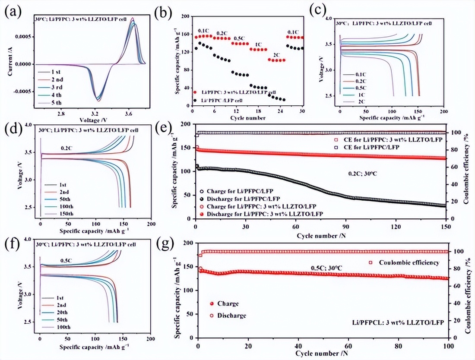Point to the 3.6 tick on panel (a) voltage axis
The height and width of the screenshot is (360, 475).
(128, 114)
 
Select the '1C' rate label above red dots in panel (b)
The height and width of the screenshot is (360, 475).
(258, 44)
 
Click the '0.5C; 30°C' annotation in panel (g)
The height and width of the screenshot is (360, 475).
(326, 268)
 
